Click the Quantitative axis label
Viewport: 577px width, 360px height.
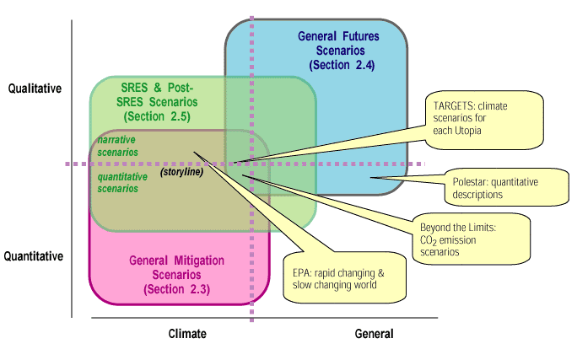point(35,255)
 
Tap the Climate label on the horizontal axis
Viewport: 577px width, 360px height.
point(186,334)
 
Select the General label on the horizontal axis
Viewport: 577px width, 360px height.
point(373,334)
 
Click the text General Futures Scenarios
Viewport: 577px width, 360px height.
point(338,43)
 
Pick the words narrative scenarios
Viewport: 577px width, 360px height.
point(118,146)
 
